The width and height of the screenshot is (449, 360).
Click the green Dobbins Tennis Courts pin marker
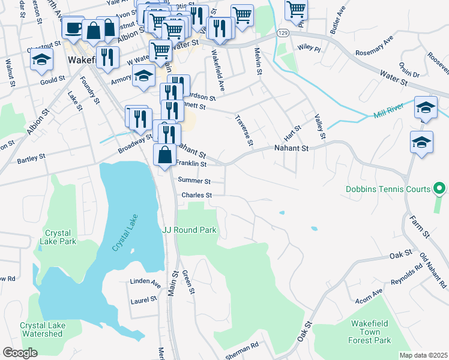coord(439,189)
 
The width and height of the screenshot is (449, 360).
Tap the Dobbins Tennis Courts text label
coord(388,189)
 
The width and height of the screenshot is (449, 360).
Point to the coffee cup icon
coord(73,28)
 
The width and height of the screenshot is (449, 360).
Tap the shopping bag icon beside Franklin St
coord(164,155)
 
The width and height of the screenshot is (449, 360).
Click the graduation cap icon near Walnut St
coord(41,59)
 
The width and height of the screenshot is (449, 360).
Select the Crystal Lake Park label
coord(58,237)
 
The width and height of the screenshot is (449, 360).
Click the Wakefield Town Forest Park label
coord(371,332)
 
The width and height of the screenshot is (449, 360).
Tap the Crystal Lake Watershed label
coord(41,329)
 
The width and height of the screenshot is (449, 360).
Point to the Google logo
coord(20,353)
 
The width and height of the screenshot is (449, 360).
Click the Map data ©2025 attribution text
coord(423,355)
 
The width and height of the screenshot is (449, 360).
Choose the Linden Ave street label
coord(145,282)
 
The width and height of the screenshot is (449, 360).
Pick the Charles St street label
coord(197,195)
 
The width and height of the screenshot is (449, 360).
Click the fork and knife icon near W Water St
coord(107,57)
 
